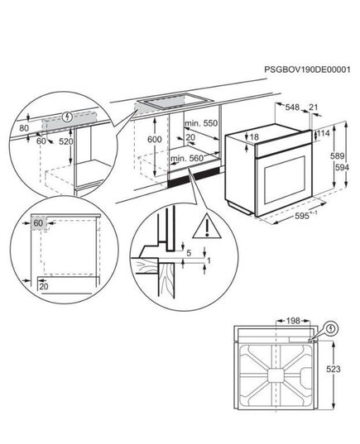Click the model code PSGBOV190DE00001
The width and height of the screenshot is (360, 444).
(x=307, y=69)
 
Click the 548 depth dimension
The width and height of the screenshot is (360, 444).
(x=292, y=107)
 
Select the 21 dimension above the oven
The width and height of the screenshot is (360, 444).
(x=313, y=107)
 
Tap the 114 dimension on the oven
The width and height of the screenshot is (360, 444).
(x=324, y=133)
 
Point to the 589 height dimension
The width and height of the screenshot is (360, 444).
(x=338, y=156)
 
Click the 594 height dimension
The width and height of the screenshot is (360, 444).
(x=342, y=168)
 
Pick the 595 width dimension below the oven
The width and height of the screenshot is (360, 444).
(x=301, y=216)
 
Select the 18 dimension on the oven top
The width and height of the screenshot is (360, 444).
(x=255, y=137)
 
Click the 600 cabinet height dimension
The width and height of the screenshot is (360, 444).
(x=155, y=139)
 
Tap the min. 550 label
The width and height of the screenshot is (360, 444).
(x=201, y=123)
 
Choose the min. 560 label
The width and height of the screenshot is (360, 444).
(x=187, y=158)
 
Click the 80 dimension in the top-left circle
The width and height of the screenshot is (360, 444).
(x=24, y=128)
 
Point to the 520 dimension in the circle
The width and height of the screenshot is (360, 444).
(x=66, y=141)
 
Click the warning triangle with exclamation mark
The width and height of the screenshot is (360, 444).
(x=207, y=226)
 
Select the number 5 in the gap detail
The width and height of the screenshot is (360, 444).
(x=189, y=253)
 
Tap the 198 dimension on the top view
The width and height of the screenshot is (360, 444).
(x=293, y=321)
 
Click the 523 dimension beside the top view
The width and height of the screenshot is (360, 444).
(x=334, y=370)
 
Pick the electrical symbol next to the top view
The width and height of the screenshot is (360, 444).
(x=331, y=329)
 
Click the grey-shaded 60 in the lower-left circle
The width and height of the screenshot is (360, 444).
(x=38, y=223)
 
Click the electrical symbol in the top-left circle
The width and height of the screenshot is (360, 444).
(x=68, y=117)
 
